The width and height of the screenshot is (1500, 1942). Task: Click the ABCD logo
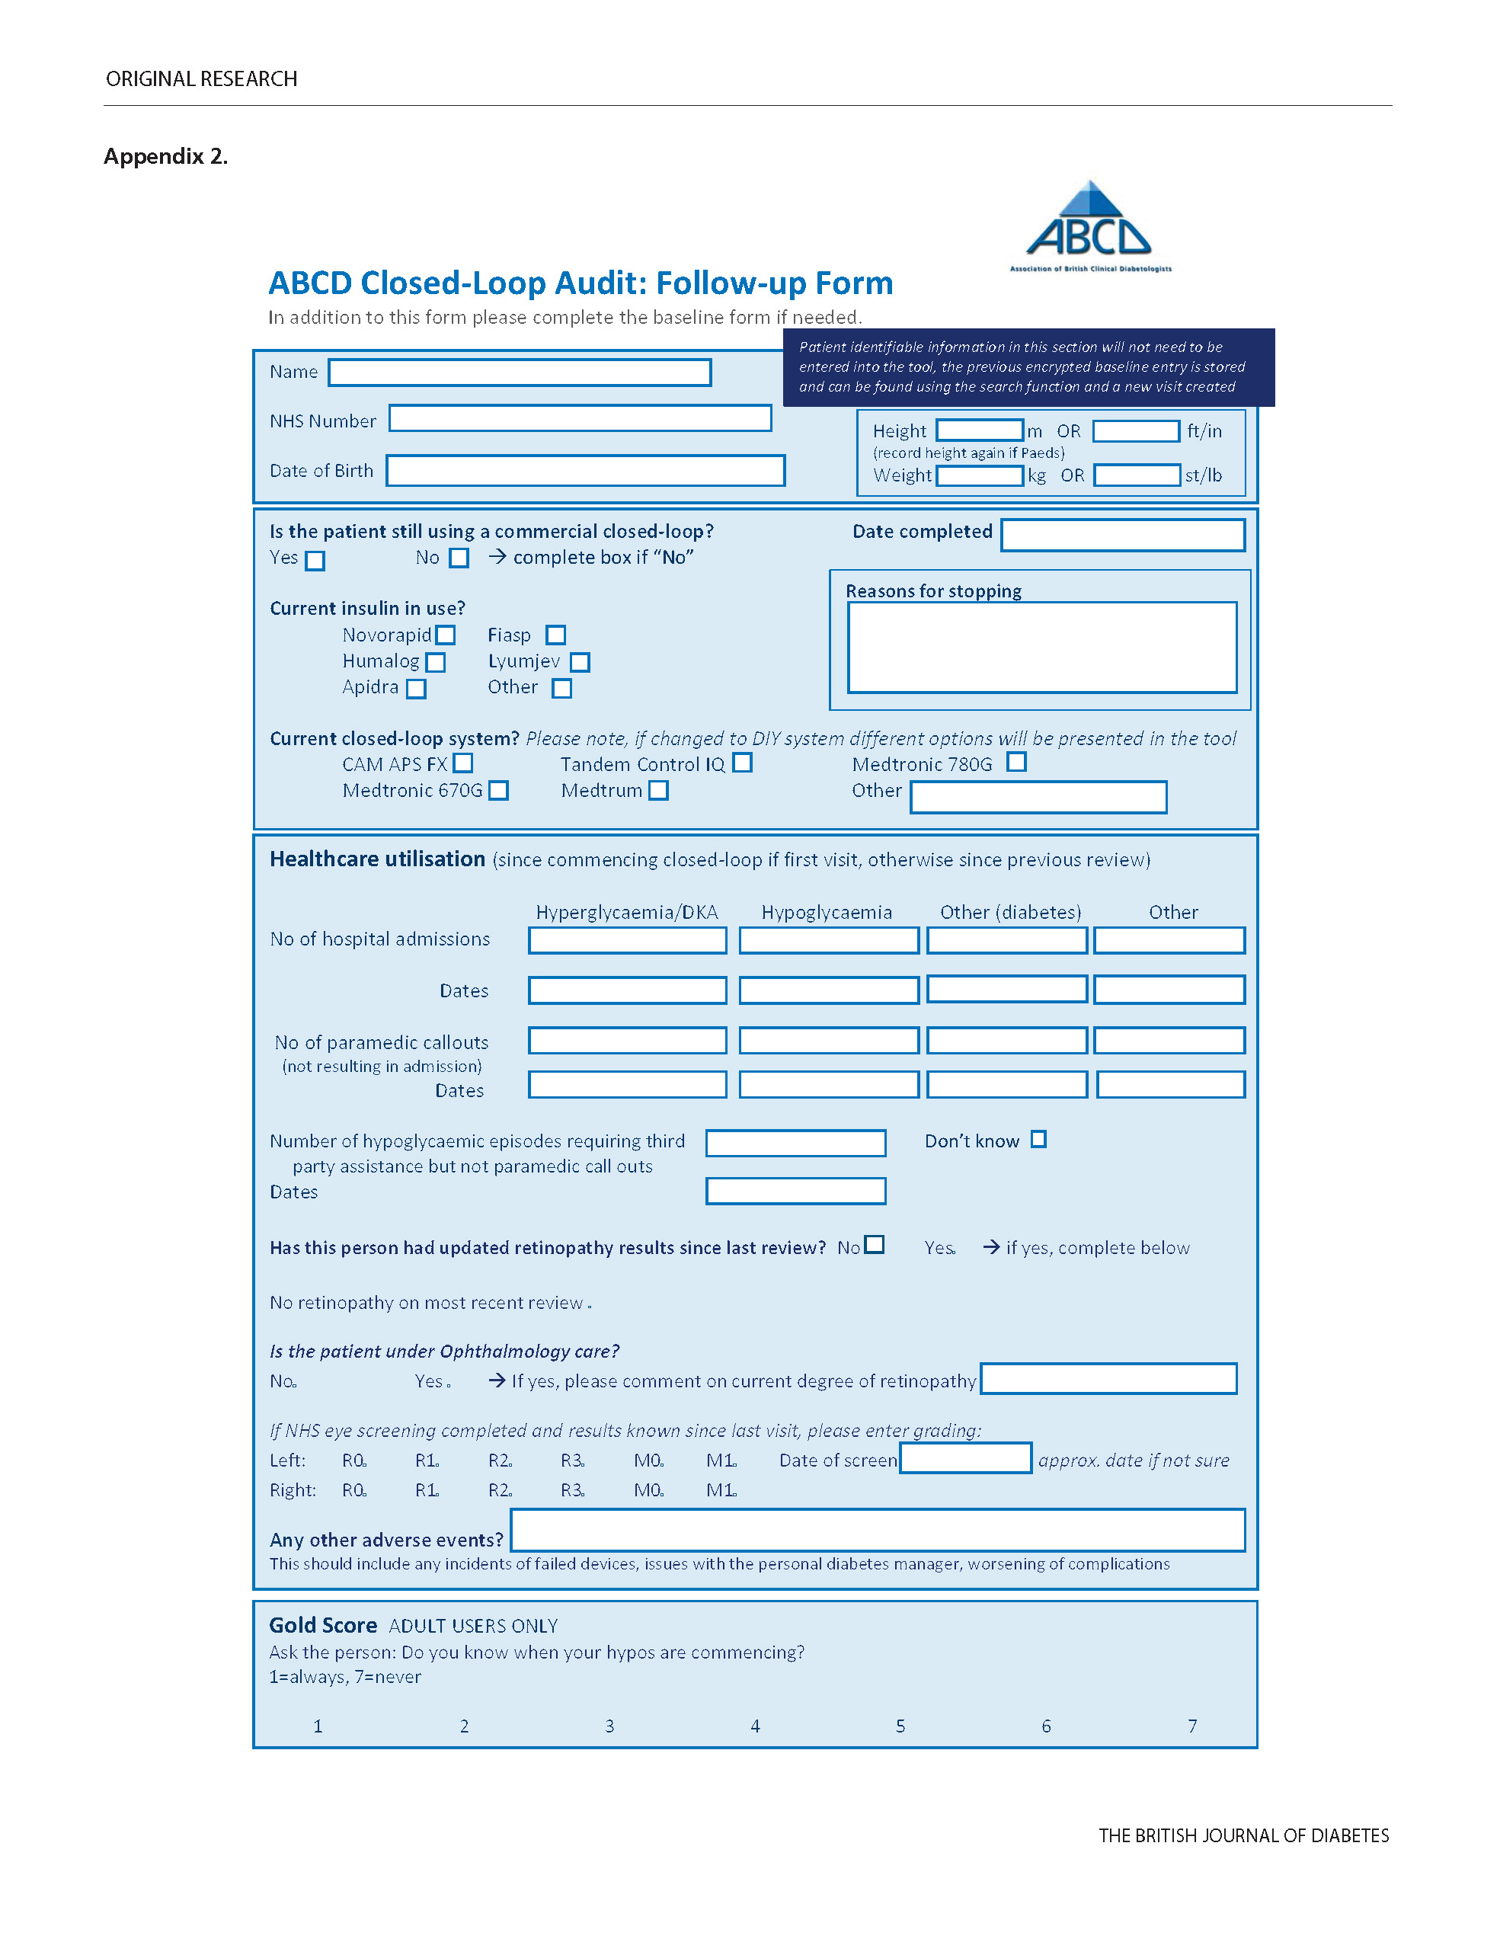point(1089,228)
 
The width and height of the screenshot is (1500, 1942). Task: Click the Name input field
point(520,373)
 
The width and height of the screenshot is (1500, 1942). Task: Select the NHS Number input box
point(580,419)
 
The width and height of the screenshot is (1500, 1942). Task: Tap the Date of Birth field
point(585,470)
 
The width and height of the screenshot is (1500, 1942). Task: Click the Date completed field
point(1122,536)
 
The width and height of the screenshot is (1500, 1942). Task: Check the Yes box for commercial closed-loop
point(315,561)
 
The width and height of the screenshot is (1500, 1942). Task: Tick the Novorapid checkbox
point(446,635)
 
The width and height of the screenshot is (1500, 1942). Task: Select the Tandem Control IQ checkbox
point(743,763)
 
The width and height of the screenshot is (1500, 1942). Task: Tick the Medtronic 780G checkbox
point(1016,762)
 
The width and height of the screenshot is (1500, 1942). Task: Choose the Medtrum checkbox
point(658,791)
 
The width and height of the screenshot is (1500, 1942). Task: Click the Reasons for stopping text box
point(1041,648)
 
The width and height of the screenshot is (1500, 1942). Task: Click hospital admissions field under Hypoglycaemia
point(829,941)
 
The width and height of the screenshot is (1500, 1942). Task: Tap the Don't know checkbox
point(1038,1140)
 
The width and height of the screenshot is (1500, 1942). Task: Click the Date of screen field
point(966,1458)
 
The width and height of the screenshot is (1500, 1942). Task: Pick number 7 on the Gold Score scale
point(1192,1726)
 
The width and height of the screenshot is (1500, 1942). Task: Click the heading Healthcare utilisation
point(377,859)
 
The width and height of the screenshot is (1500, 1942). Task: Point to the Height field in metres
point(980,430)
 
